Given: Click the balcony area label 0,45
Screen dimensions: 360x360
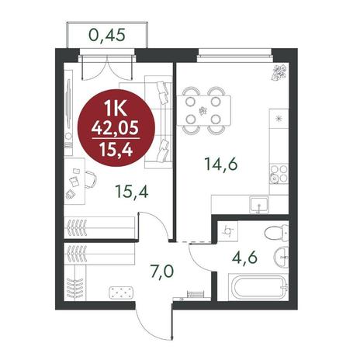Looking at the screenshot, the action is pyautogui.click(x=107, y=35).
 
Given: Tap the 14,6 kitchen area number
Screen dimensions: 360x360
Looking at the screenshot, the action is pyautogui.click(x=220, y=164).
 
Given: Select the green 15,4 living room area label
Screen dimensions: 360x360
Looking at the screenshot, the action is pyautogui.click(x=132, y=192).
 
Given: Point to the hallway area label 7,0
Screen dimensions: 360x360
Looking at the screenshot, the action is pyautogui.click(x=162, y=272).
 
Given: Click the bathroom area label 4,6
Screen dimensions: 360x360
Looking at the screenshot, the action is pyautogui.click(x=244, y=258).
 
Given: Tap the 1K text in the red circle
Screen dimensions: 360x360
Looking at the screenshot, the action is pyautogui.click(x=116, y=109).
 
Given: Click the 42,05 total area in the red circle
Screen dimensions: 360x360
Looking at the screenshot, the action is pyautogui.click(x=116, y=128).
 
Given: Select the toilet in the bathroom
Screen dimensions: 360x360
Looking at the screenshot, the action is pyautogui.click(x=276, y=232).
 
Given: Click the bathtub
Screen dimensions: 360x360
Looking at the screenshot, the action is pyautogui.click(x=258, y=288).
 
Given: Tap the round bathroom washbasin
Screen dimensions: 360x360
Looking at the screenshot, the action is pyautogui.click(x=281, y=258).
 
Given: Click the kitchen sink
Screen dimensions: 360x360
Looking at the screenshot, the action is pyautogui.click(x=259, y=205).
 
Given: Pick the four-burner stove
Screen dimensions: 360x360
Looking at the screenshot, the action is pyautogui.click(x=279, y=174).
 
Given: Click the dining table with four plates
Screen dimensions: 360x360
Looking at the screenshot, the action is pyautogui.click(x=204, y=111).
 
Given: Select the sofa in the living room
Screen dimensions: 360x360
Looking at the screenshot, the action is pyautogui.click(x=158, y=122).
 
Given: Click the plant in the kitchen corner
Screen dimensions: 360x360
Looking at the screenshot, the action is pyautogui.click(x=279, y=72).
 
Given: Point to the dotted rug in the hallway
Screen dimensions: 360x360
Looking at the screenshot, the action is pyautogui.click(x=122, y=292).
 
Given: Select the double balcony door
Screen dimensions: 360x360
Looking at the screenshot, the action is pyautogui.click(x=107, y=67).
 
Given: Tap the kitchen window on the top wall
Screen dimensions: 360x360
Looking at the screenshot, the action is pyautogui.click(x=235, y=55).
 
